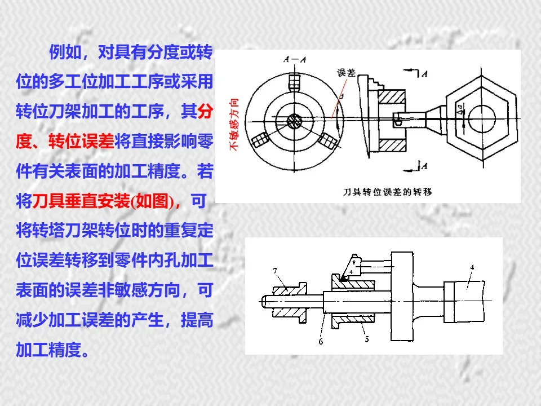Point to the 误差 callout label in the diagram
(346, 73)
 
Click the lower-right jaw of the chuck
(327, 138)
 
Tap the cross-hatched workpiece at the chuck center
(294, 121)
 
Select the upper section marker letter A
(424, 73)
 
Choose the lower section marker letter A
(424, 166)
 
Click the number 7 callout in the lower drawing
(275, 271)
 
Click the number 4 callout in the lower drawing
(472, 267)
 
